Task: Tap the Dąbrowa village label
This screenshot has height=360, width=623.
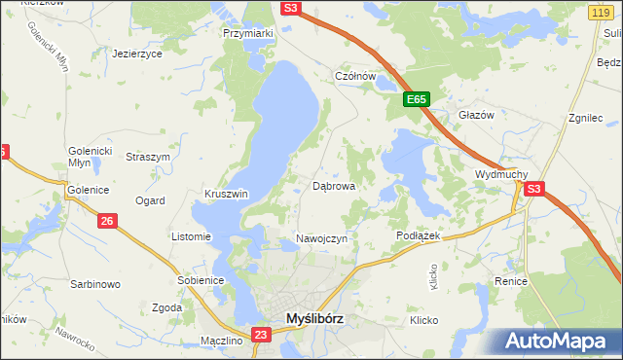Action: pos(333,185)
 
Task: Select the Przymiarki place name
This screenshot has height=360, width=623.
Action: pos(248,33)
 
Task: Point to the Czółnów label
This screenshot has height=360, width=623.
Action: pos(354,76)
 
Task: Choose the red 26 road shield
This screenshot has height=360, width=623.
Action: pos(107,222)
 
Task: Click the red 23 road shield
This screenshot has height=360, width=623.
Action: pos(260,336)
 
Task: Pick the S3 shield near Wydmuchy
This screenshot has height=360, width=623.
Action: pos(533,191)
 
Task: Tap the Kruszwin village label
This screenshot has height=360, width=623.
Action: pos(227,194)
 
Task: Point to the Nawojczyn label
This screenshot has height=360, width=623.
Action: pos(320,239)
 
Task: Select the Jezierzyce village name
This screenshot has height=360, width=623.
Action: pos(137,54)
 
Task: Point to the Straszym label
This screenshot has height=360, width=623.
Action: pos(149,157)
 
